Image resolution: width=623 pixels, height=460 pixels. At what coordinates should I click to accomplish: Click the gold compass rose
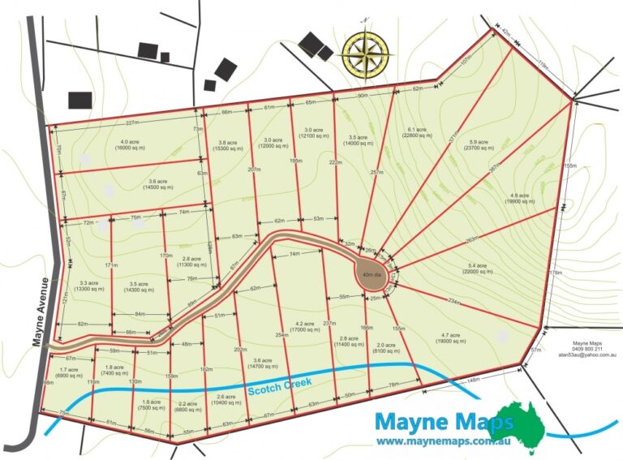[x=367, y=51]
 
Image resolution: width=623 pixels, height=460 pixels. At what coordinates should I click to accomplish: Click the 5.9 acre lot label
[x=480, y=144]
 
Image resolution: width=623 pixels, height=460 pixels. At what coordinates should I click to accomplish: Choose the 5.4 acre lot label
[x=479, y=269]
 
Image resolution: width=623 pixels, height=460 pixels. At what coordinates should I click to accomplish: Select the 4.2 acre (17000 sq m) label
[x=301, y=327]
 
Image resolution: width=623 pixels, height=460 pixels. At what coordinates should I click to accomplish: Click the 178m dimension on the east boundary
[x=555, y=273]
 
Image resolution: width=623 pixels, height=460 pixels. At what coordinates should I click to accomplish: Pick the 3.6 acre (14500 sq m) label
[x=162, y=185]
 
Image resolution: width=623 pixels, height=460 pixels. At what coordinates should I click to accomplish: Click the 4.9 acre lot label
[x=520, y=200]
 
